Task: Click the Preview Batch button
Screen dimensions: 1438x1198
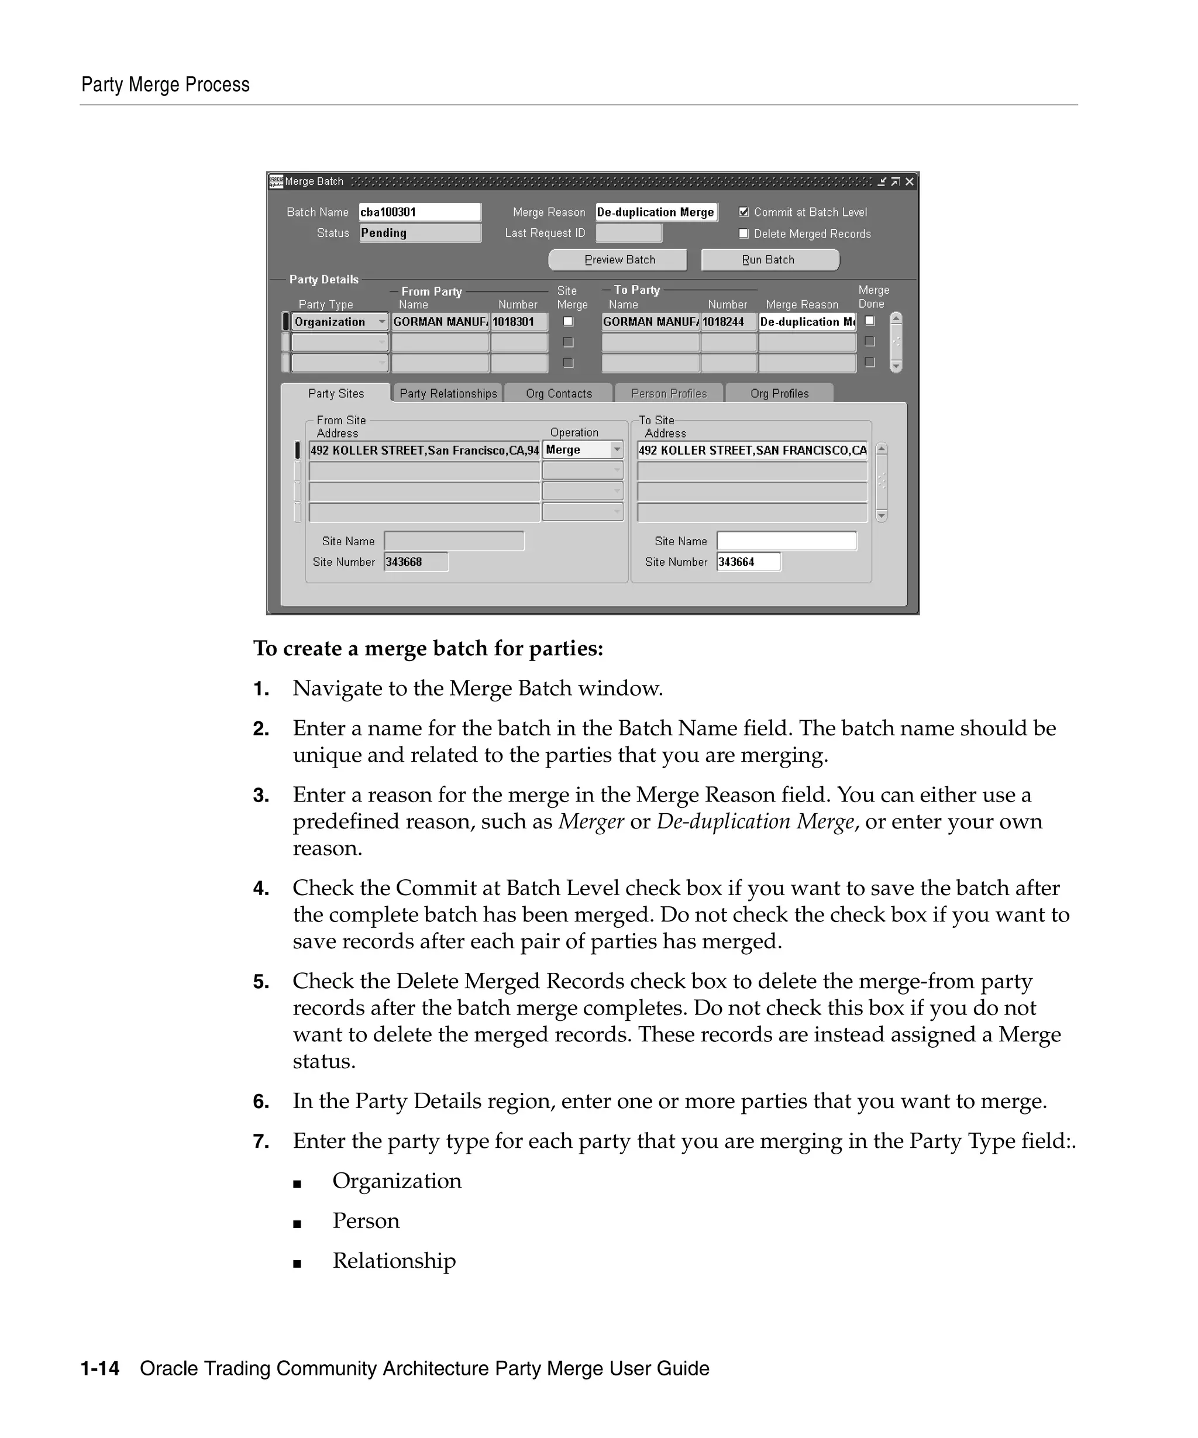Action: click(x=618, y=260)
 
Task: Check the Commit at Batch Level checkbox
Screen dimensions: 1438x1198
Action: click(x=743, y=212)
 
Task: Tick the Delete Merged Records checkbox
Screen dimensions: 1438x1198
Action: click(x=743, y=233)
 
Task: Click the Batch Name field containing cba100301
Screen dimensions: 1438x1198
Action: click(x=419, y=212)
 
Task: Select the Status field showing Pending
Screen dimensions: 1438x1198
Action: click(x=419, y=233)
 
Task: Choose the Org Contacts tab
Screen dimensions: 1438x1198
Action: click(x=559, y=393)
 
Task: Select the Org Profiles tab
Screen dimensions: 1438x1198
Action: click(x=779, y=393)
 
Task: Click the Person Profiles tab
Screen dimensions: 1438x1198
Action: click(x=669, y=393)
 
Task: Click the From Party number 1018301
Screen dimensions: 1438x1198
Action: click(x=518, y=322)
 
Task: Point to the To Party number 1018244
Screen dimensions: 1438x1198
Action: click(x=728, y=322)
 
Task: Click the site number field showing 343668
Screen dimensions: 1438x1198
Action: click(x=415, y=562)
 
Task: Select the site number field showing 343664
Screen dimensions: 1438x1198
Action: click(x=748, y=562)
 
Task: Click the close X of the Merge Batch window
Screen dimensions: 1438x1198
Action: click(x=909, y=181)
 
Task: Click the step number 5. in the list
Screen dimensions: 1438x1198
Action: click(x=261, y=982)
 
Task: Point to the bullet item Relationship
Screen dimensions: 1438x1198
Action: click(x=394, y=1261)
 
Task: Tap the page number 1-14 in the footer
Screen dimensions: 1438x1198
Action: click(x=100, y=1368)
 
